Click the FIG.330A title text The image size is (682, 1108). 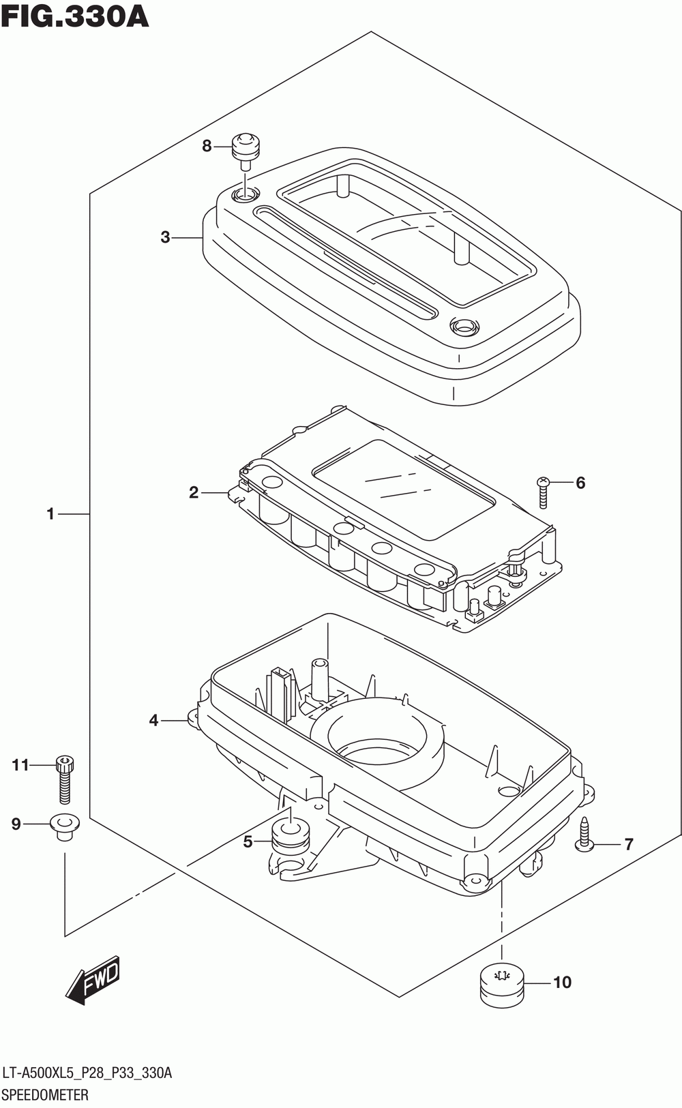(x=75, y=16)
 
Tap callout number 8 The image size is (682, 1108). (x=207, y=146)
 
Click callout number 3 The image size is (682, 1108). (x=165, y=237)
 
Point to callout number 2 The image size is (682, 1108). (x=194, y=492)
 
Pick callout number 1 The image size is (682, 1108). (x=50, y=513)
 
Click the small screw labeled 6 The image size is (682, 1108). (x=543, y=492)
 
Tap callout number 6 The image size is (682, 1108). (x=580, y=483)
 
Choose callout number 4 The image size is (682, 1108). (x=154, y=720)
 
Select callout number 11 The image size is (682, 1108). (x=20, y=765)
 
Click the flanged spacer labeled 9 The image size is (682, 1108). (x=64, y=826)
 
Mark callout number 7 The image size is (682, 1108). (x=628, y=844)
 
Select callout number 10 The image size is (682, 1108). (x=562, y=983)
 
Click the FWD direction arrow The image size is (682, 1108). (x=93, y=982)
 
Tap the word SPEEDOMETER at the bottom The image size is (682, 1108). (x=45, y=1095)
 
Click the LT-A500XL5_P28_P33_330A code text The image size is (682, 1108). (x=87, y=1073)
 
